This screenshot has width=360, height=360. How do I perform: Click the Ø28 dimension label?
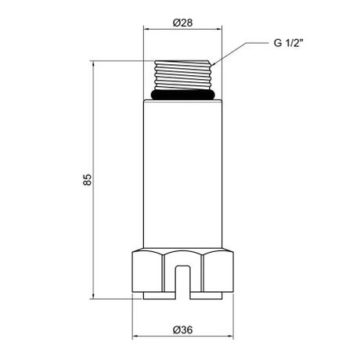coord(182,23)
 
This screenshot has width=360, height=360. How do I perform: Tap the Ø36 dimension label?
coord(182,329)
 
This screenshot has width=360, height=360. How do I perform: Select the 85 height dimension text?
coord(88,179)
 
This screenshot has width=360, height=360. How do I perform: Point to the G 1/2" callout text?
coord(289,43)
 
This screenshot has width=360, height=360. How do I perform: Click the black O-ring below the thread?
coord(183,95)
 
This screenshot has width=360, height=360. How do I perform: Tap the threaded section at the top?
coord(182,75)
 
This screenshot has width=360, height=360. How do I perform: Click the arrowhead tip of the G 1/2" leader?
coord(213,65)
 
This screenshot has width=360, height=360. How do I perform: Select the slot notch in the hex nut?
coord(182,283)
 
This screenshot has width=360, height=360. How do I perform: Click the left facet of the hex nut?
coord(147,272)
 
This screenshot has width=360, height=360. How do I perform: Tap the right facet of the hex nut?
coord(218,272)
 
